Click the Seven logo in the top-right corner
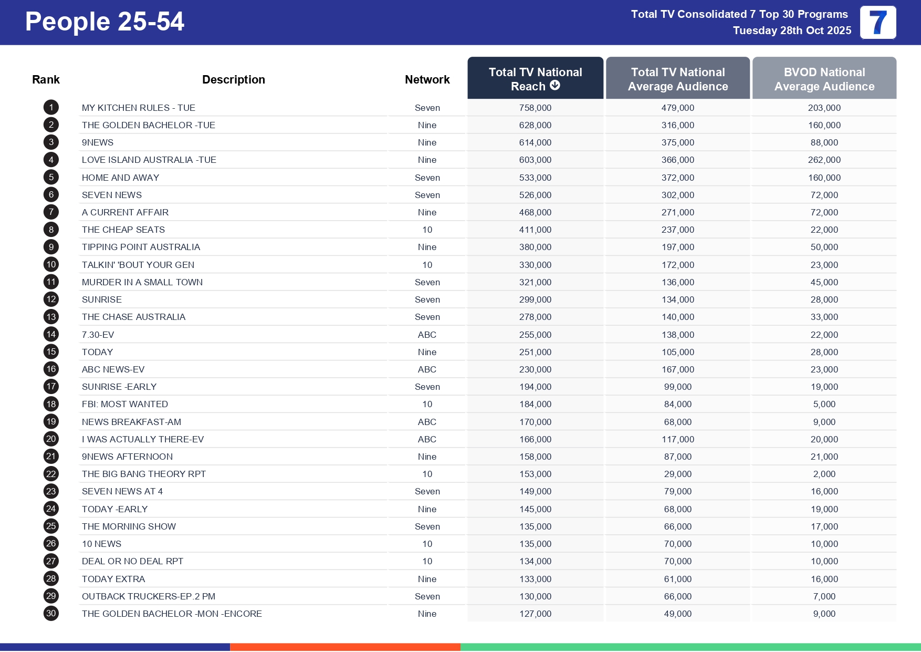877,23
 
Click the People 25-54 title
104,22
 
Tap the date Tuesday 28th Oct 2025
792,30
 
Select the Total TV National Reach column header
535,78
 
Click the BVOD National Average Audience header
824,79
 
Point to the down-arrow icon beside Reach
555,86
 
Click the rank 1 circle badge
51,108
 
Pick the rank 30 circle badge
51,614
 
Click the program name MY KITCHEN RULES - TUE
139,108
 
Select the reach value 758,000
535,108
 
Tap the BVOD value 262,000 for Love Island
824,160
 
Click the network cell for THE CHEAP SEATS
427,230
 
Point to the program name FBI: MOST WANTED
125,404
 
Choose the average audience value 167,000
677,369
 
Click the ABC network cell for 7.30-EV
427,335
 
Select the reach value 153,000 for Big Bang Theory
535,474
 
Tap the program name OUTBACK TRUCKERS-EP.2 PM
149,596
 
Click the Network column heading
427,79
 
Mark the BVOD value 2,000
824,474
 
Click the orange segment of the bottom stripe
345,647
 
